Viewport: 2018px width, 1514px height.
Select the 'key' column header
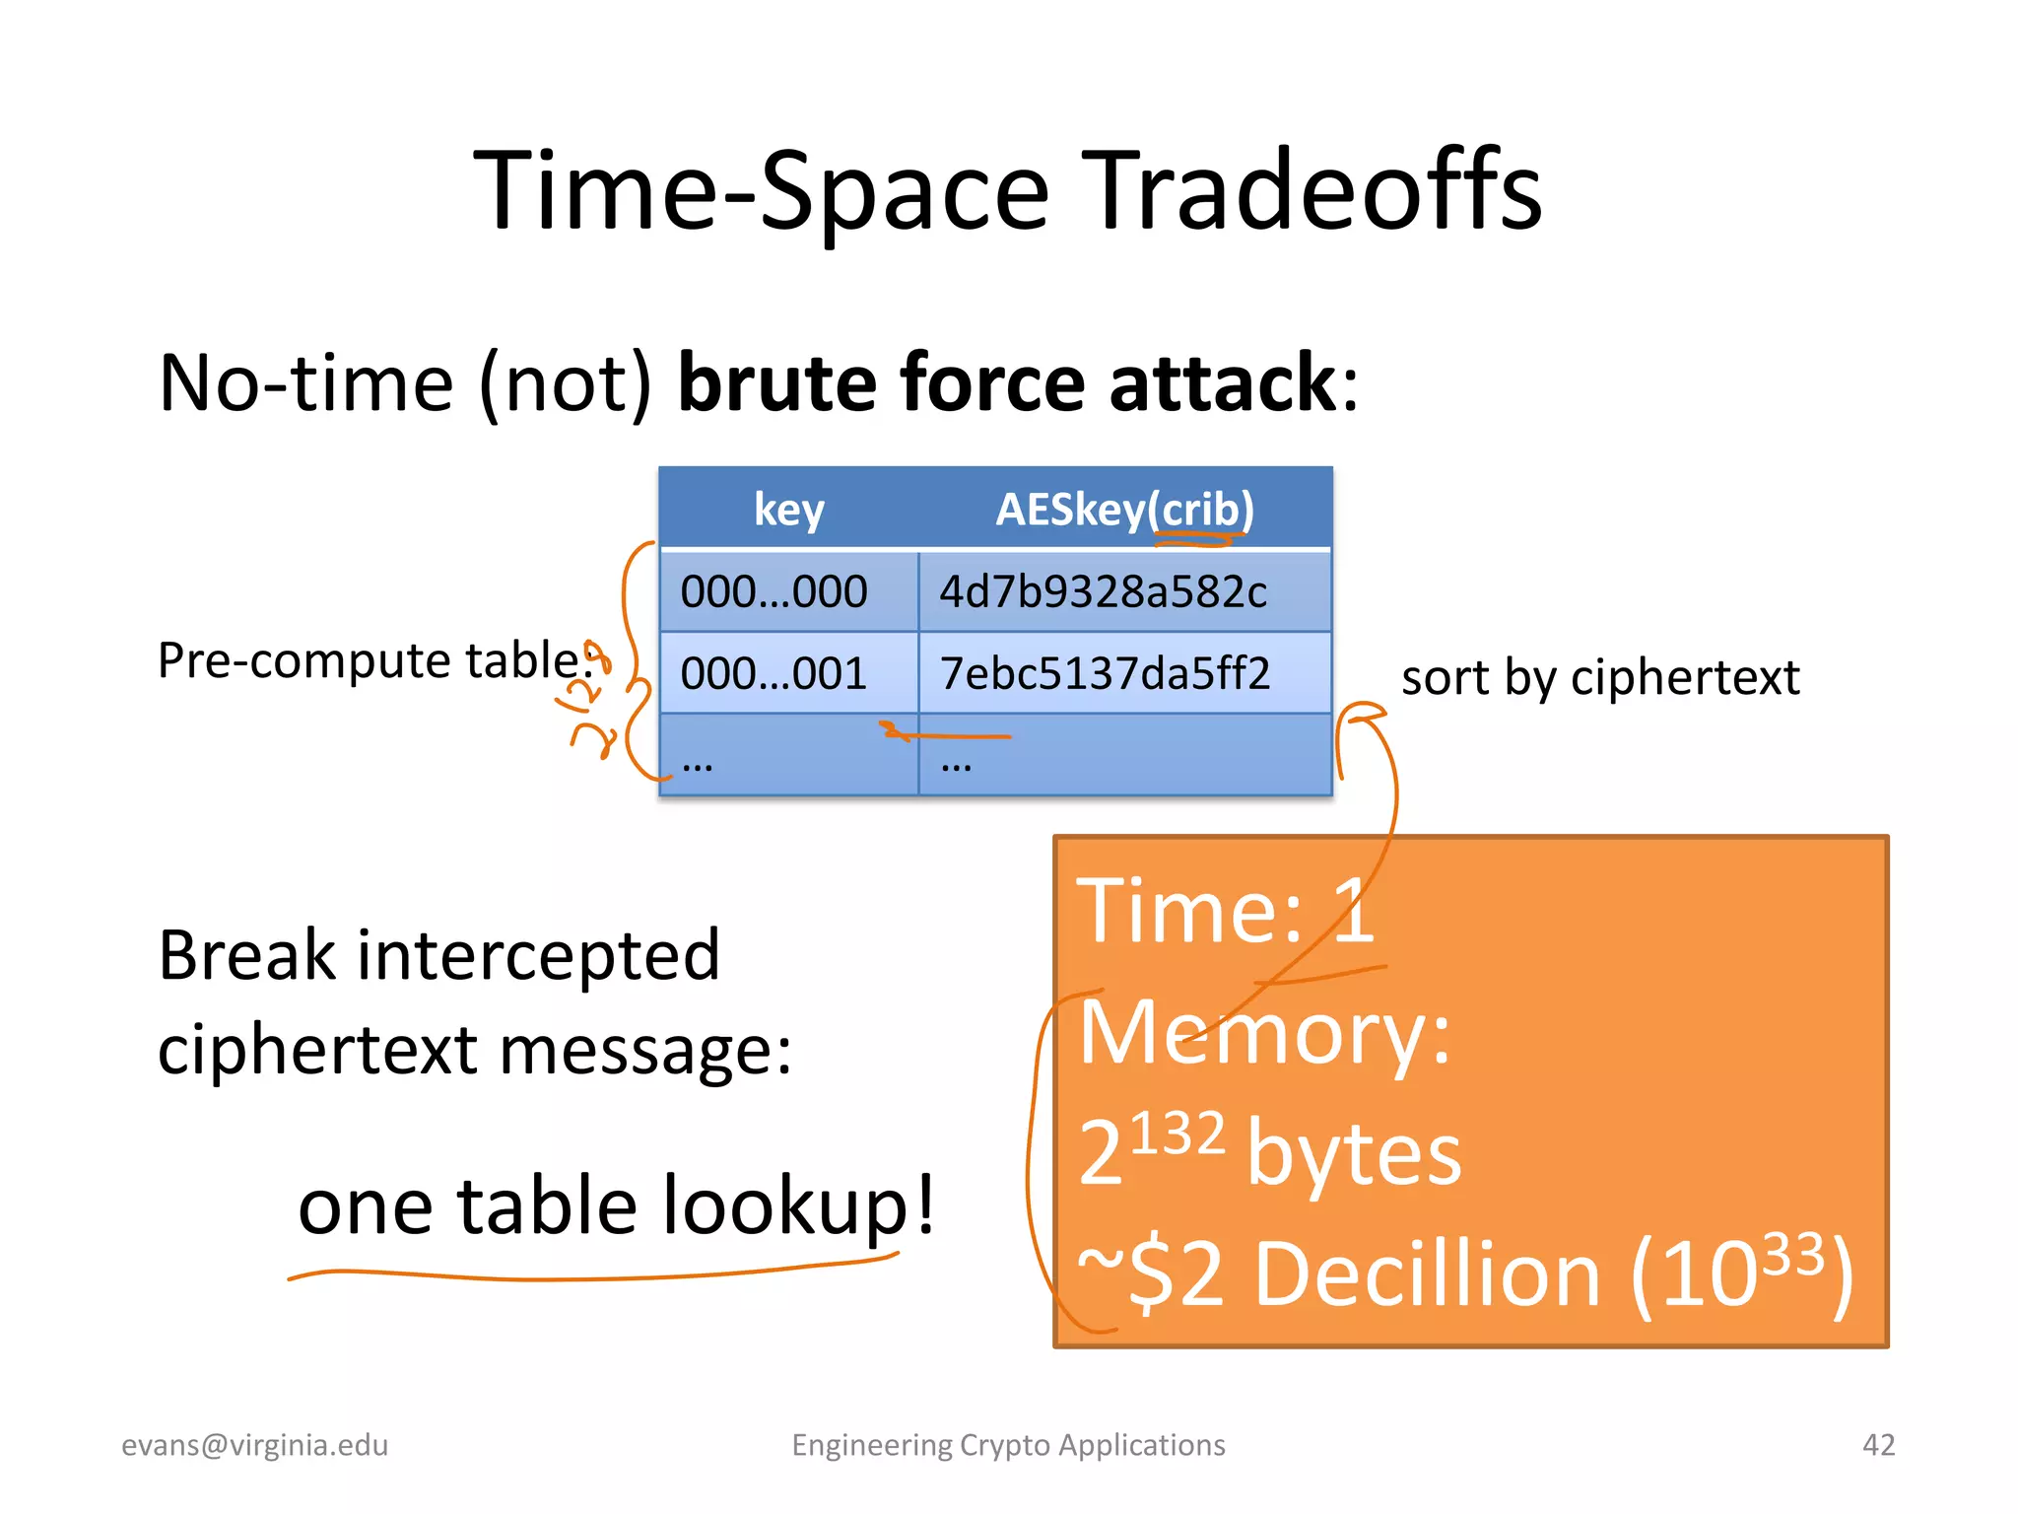[788, 510]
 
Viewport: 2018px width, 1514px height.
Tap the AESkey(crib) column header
[1124, 510]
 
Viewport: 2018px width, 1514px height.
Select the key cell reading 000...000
[774, 591]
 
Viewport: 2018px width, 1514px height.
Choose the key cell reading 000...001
[774, 673]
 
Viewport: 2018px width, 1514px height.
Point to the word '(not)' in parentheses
[566, 384]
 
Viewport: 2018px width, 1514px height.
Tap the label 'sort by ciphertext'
[1599, 677]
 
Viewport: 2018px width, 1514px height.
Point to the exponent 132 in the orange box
[1177, 1134]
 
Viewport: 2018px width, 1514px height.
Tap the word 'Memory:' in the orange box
[1264, 1032]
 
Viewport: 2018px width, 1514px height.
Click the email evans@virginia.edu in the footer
[254, 1445]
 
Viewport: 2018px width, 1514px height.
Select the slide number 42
[1878, 1445]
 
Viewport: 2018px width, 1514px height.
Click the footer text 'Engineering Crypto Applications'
[1008, 1445]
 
